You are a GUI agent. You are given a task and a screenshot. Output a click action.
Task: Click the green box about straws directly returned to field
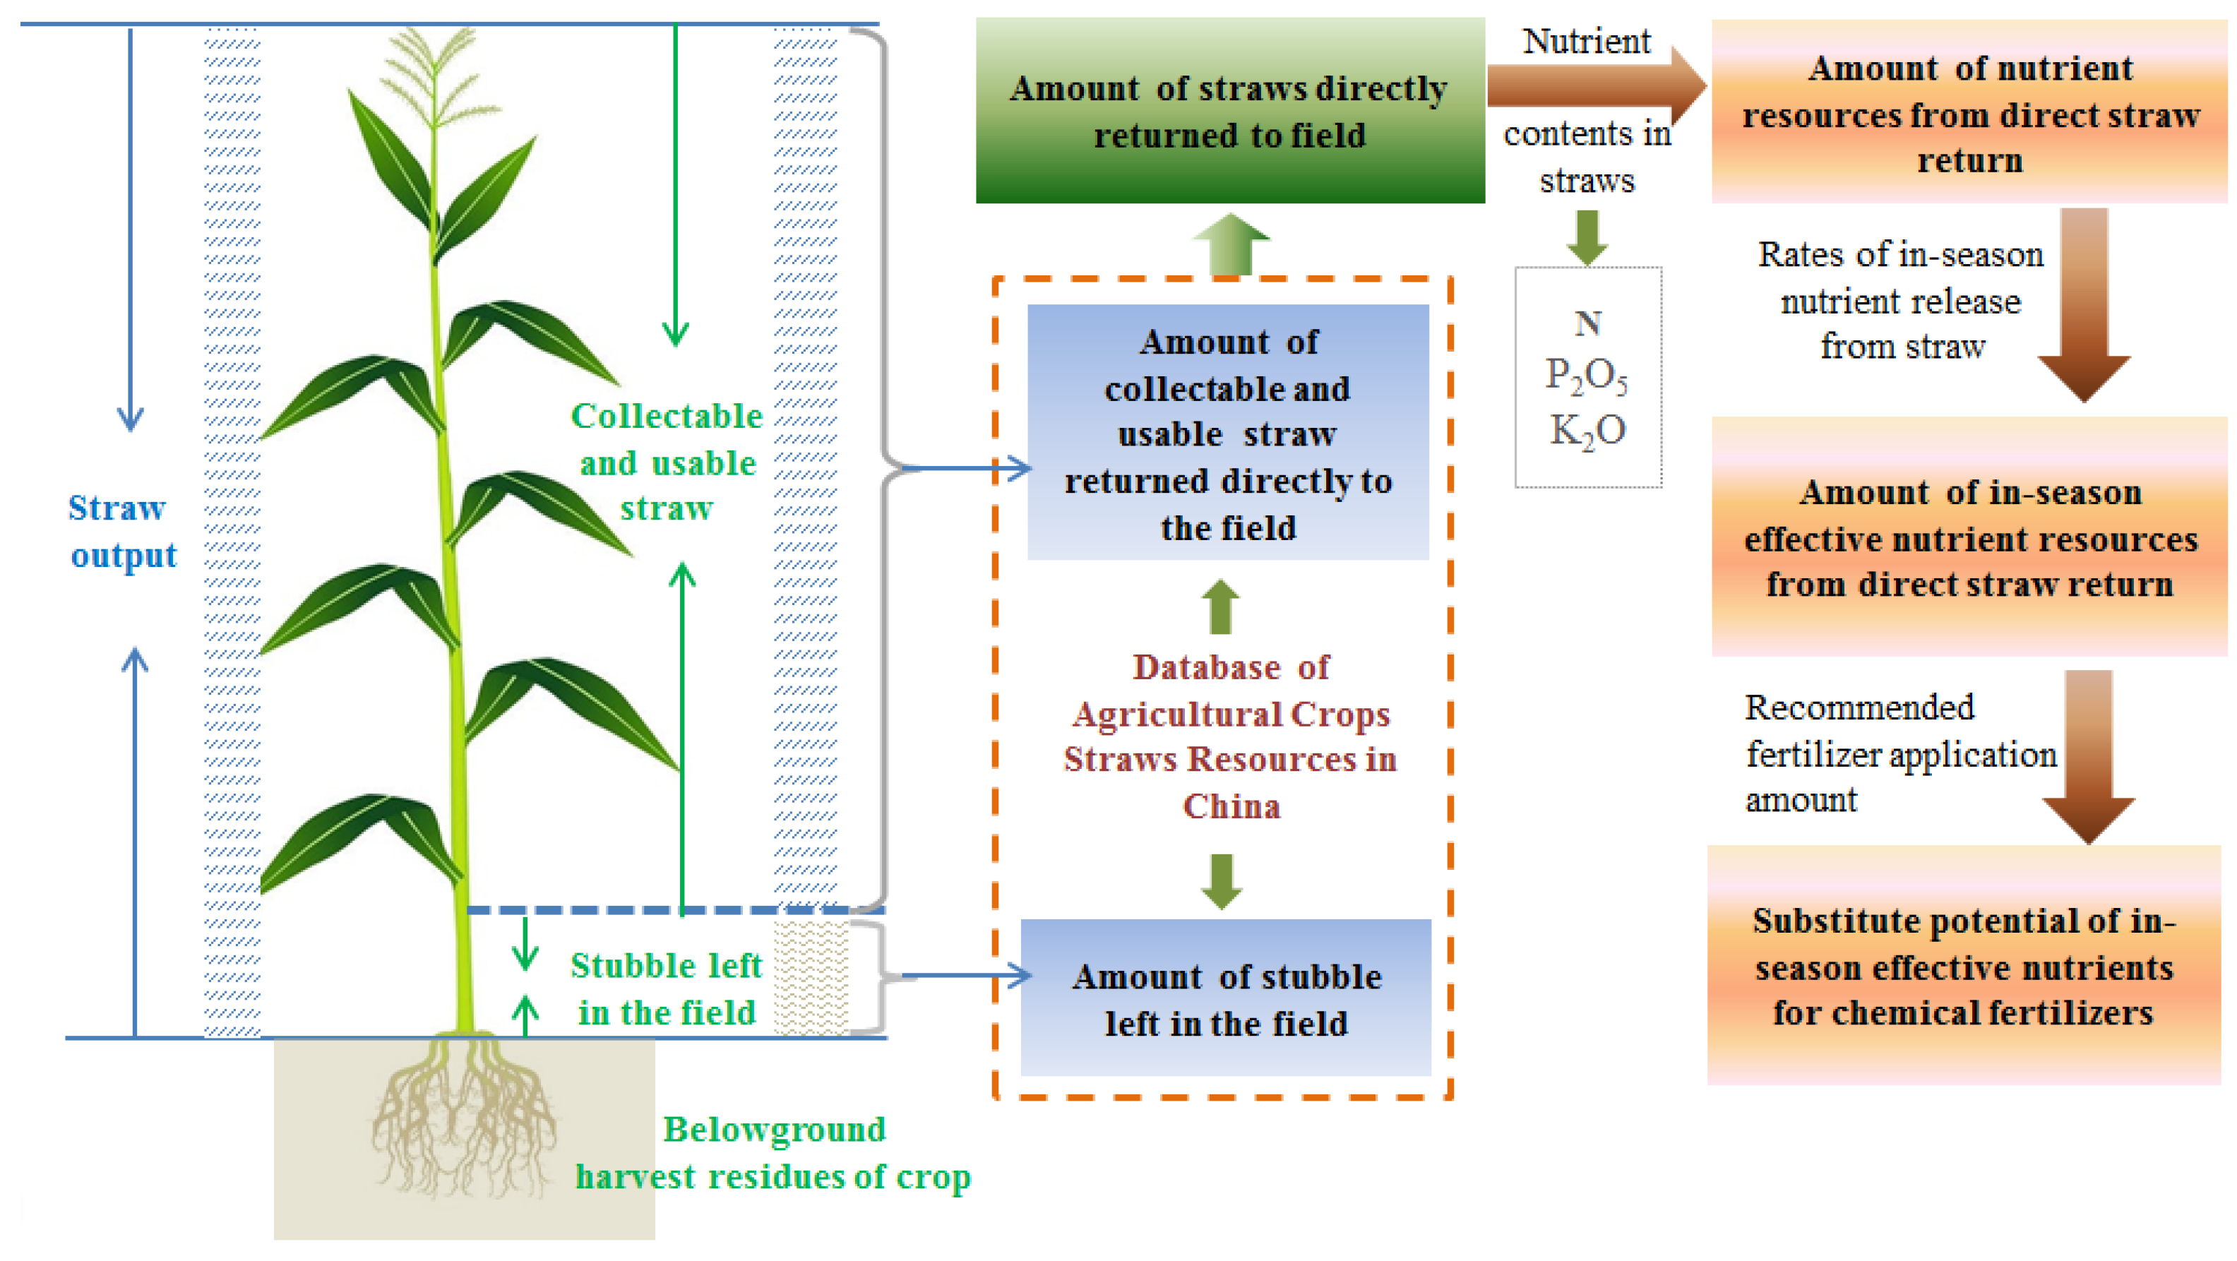(x=1229, y=111)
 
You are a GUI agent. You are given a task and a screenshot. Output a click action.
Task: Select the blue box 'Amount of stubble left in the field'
(x=1225, y=999)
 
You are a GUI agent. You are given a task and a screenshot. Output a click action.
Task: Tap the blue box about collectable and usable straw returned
(x=1228, y=433)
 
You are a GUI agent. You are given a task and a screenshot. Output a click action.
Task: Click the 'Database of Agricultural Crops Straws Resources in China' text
(x=1231, y=736)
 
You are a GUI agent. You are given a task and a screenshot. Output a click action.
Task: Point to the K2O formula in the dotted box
(x=1587, y=431)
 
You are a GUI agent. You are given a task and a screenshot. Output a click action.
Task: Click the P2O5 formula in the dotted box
(x=1587, y=376)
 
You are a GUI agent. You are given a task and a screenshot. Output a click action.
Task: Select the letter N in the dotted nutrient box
(x=1588, y=324)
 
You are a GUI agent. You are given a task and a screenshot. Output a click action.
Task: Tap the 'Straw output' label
(x=122, y=532)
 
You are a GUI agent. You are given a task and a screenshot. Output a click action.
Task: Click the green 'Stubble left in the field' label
(x=666, y=989)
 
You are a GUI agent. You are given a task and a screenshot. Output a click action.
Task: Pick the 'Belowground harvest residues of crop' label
(x=773, y=1152)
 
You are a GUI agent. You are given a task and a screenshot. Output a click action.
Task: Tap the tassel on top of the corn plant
(x=434, y=78)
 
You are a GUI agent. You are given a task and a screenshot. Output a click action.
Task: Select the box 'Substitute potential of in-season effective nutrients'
(x=1964, y=966)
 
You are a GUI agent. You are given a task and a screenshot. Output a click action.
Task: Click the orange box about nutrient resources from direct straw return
(x=1969, y=113)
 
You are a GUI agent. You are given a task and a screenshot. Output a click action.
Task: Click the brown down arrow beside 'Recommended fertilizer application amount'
(x=2089, y=755)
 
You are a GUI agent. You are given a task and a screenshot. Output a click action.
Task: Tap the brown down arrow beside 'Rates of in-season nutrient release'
(x=2084, y=304)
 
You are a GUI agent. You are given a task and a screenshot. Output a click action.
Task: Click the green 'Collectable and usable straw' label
(x=667, y=462)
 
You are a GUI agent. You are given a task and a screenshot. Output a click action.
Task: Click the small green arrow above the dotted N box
(x=1587, y=237)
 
